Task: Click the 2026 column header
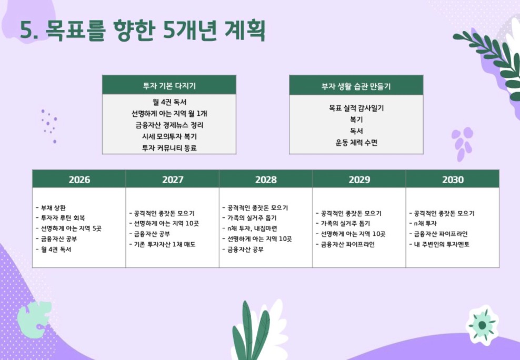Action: (x=79, y=179)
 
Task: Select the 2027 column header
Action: (x=173, y=179)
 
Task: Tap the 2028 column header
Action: (x=266, y=179)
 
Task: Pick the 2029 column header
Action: (x=359, y=179)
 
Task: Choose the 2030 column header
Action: (x=453, y=179)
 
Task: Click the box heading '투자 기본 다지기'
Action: (x=169, y=86)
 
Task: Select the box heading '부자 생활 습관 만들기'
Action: (x=356, y=86)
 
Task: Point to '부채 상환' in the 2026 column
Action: (x=53, y=208)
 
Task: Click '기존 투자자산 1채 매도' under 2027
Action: (x=165, y=244)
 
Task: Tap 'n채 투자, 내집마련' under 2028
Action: (x=252, y=228)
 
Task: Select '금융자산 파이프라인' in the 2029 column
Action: (x=347, y=244)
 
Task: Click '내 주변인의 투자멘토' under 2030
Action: (x=442, y=244)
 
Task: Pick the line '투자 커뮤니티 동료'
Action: (x=169, y=148)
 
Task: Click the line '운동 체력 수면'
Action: (x=356, y=143)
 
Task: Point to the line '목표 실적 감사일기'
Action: (x=356, y=108)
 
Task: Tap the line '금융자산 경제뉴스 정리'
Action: (x=169, y=125)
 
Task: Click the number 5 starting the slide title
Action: (x=26, y=31)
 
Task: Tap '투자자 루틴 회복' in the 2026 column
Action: (x=63, y=218)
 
